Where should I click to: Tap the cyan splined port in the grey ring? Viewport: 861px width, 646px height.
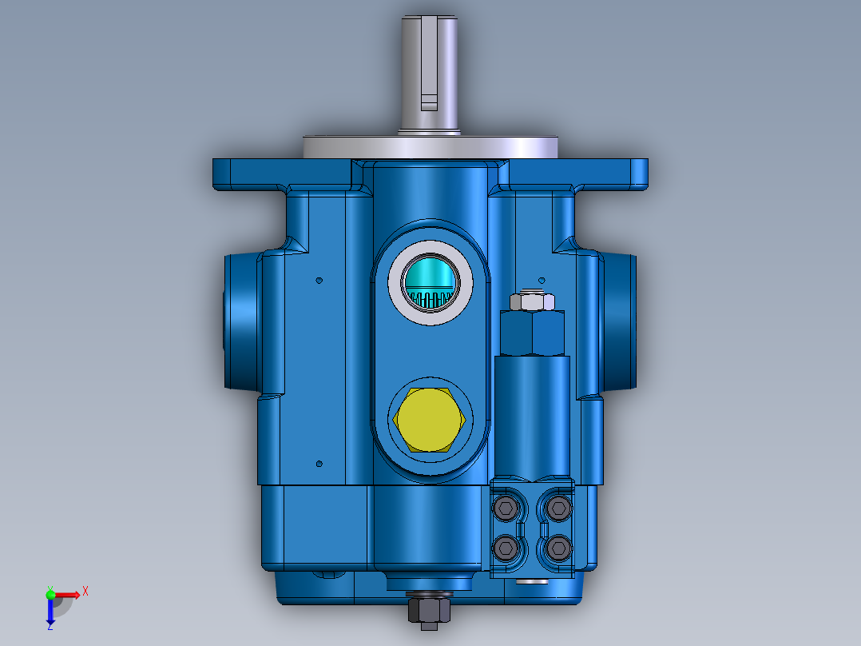click(x=430, y=283)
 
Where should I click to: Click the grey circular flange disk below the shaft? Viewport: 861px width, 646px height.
click(x=430, y=147)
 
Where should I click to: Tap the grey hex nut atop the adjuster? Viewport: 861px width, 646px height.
click(x=531, y=301)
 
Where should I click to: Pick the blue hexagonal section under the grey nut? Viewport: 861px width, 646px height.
click(x=532, y=333)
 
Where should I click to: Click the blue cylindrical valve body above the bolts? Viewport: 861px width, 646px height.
click(x=532, y=416)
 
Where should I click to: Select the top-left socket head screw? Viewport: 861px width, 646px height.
click(x=505, y=506)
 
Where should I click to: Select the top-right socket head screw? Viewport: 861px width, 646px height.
click(x=558, y=506)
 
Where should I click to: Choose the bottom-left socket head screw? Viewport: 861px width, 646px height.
click(x=505, y=548)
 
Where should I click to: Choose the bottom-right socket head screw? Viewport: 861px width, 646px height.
click(x=558, y=548)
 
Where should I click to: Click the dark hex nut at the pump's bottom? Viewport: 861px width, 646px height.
click(x=429, y=611)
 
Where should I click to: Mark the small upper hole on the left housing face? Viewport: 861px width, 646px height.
click(x=319, y=281)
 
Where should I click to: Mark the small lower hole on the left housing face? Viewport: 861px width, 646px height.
click(x=319, y=464)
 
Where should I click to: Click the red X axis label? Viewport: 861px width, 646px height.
click(x=85, y=592)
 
